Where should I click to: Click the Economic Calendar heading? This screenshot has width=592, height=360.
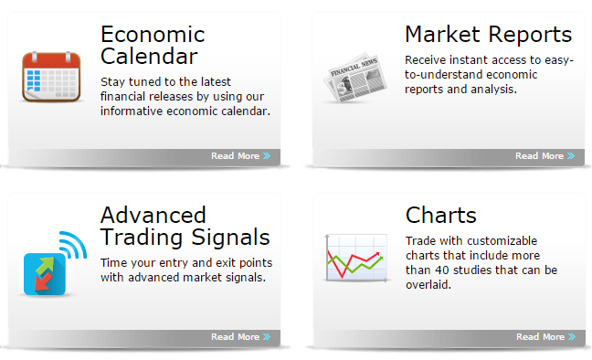153,46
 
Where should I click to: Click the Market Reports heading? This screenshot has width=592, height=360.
488,35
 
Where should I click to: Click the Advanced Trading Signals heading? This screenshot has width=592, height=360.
185,227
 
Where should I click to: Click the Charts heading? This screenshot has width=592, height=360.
440,216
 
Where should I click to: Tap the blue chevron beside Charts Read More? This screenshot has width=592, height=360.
572,337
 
